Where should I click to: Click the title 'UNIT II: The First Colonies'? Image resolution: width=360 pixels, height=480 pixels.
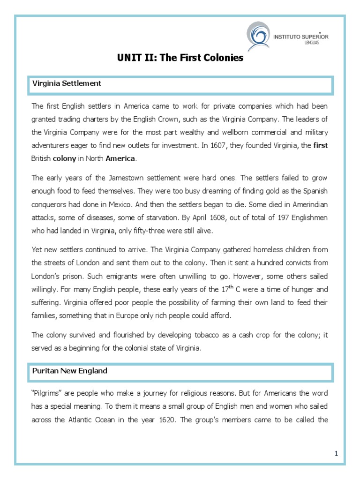point(180,58)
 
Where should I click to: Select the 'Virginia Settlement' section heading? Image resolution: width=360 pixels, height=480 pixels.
point(66,83)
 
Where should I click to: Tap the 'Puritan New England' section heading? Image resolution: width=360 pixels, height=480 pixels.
point(69,371)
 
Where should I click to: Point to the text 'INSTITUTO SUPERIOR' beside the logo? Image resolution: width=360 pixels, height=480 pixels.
point(300,36)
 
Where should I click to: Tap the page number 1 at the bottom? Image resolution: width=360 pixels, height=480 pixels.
point(336,453)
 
